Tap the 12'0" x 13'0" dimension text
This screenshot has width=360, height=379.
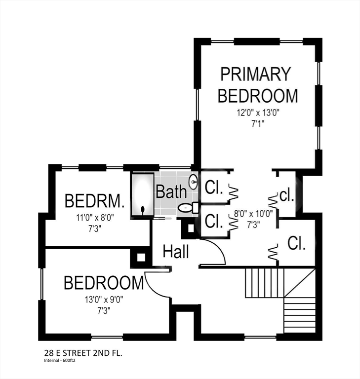[258, 113]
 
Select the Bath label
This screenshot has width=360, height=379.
[171, 191]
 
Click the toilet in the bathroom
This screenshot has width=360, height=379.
[186, 208]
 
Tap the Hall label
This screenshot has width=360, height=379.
[176, 252]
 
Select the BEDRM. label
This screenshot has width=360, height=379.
[94, 201]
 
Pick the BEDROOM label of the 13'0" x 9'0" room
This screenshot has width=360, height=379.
[104, 283]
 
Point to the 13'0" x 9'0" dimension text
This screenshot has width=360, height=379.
[103, 299]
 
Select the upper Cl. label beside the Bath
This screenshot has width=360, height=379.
[214, 188]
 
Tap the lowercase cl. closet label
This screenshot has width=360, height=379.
[286, 195]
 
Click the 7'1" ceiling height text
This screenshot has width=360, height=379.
[257, 123]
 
